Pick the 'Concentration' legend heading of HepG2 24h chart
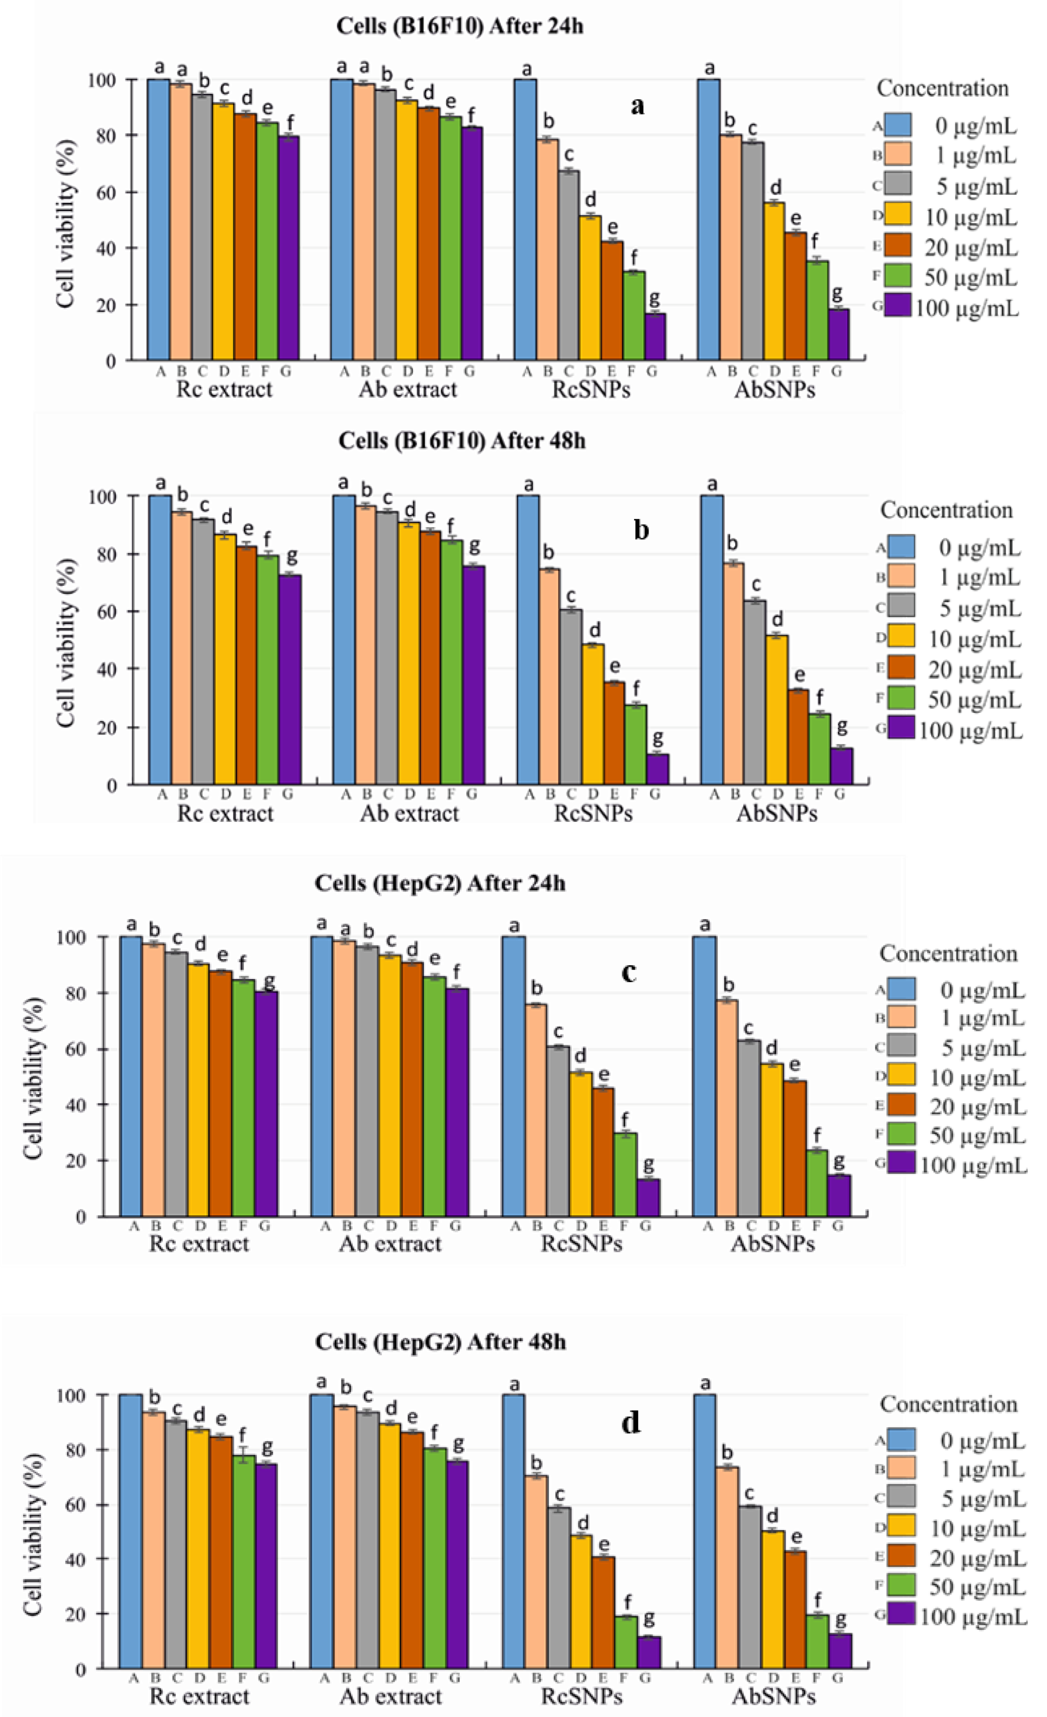[948, 953]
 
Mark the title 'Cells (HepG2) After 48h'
[440, 1341]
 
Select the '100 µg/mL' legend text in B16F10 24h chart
[966, 307]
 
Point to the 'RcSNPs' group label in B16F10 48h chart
[593, 813]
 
